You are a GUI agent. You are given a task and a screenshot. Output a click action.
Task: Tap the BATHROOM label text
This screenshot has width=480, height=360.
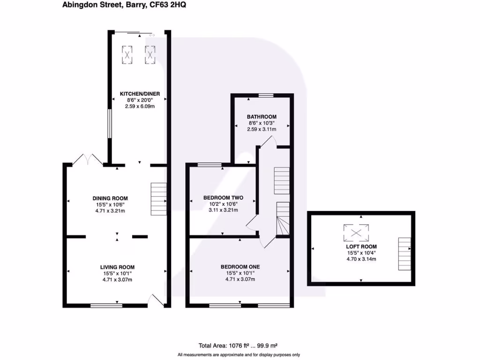pyautogui.click(x=262, y=117)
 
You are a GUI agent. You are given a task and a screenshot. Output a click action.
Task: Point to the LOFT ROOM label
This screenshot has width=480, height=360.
pyautogui.click(x=361, y=247)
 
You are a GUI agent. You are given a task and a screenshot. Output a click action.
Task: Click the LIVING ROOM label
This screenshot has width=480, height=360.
pyautogui.click(x=117, y=267)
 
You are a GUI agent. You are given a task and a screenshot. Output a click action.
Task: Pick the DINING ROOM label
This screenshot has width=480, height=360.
pyautogui.click(x=110, y=198)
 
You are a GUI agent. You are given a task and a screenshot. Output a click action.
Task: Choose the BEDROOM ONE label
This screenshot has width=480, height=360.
pyautogui.click(x=240, y=267)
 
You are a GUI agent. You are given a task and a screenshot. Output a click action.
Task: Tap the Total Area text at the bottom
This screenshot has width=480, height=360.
pyautogui.click(x=240, y=346)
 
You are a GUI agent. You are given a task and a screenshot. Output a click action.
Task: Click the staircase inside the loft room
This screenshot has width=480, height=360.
pyautogui.click(x=404, y=254)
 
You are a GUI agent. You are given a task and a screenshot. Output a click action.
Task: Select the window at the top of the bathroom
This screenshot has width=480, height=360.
pyautogui.click(x=266, y=95)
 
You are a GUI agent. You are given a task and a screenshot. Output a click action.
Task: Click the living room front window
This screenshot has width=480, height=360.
pyautogui.click(x=106, y=306)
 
